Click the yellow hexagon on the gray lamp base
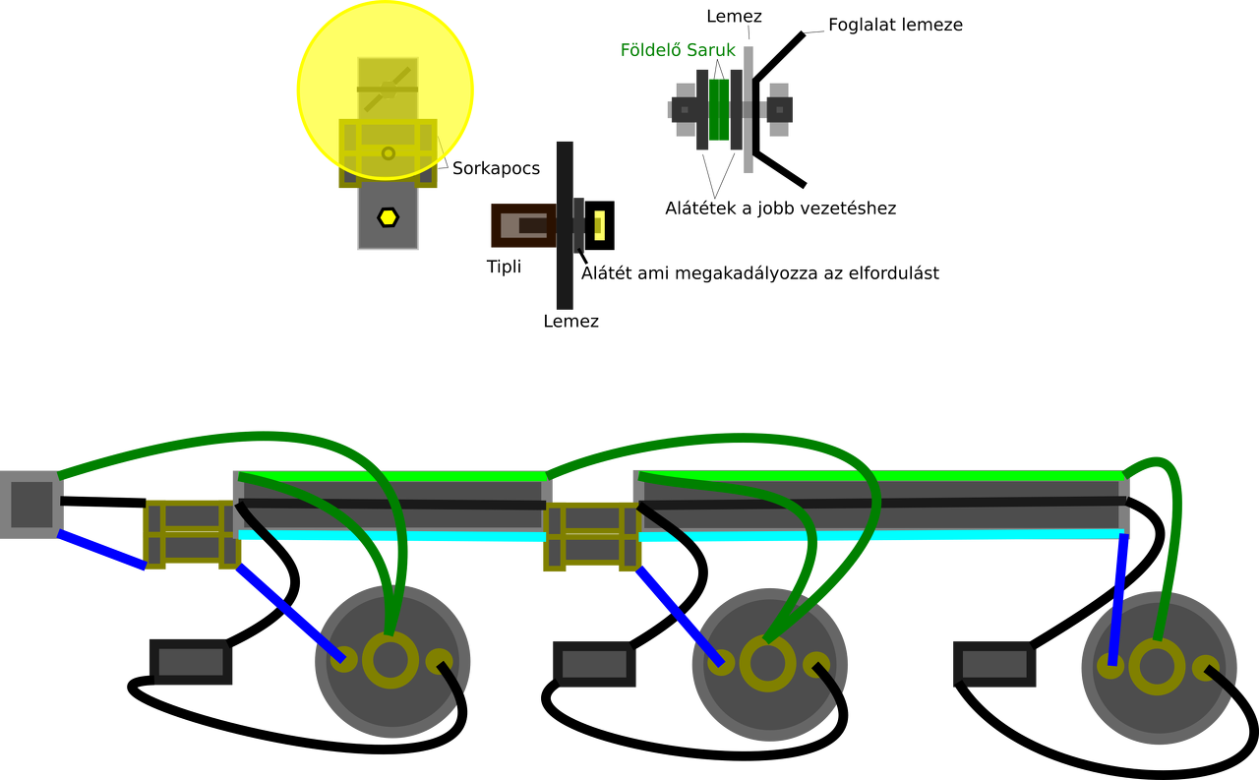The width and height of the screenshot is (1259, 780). coord(389,217)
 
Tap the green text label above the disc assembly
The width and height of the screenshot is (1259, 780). coord(679,50)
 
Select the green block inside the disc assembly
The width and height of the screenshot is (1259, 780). coord(720,109)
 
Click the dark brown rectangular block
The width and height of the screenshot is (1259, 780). coord(521,225)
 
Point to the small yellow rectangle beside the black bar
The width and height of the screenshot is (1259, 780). coord(599,225)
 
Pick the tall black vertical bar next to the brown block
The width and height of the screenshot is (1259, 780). coord(564,225)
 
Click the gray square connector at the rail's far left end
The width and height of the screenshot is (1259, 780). coord(30,504)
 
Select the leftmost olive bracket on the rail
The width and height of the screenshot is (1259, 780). coord(192,534)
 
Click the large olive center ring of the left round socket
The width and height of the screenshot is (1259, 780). coord(390,660)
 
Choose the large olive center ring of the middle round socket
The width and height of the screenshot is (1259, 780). coord(767,664)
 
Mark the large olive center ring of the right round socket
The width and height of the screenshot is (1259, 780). coord(1157,668)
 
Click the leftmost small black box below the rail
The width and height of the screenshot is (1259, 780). coord(191,662)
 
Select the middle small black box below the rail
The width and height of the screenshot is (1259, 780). coord(594,664)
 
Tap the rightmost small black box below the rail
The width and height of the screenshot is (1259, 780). coord(994,664)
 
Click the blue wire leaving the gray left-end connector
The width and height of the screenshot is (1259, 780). coord(101,551)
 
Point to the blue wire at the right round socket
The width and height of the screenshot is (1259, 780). coord(1117,600)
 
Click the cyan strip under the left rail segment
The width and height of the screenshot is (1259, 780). coord(393,536)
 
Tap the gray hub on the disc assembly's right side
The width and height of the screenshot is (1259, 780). coord(778,109)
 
